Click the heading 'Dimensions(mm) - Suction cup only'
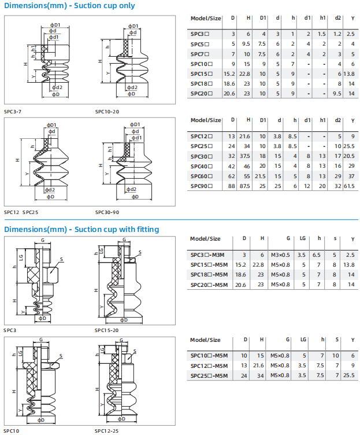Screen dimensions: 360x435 69,6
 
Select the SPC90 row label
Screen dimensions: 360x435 202,186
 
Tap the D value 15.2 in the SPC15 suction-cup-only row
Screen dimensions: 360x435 229,74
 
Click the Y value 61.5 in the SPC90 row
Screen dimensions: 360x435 349,186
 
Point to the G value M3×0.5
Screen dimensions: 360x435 280,255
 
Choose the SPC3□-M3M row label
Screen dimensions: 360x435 207,255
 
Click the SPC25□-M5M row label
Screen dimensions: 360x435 209,375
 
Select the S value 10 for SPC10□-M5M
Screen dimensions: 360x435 336,355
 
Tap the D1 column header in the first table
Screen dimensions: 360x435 263,18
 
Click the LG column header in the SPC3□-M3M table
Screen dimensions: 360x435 302,238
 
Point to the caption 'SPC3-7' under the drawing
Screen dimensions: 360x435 13,112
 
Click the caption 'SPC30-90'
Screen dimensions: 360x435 107,212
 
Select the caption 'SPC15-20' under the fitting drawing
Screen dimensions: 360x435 106,330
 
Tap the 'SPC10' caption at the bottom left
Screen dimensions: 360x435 12,431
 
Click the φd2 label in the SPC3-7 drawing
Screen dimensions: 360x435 57,87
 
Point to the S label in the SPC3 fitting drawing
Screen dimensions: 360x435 61,259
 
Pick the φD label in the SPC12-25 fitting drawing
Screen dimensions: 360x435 121,419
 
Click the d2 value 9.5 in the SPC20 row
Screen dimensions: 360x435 337,94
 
